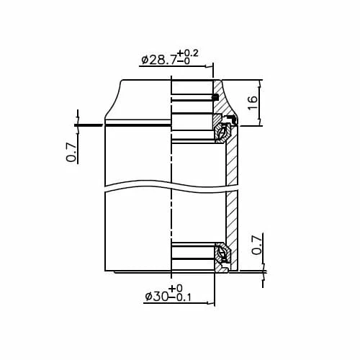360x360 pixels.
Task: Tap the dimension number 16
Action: (x=251, y=102)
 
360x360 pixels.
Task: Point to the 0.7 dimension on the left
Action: (x=71, y=151)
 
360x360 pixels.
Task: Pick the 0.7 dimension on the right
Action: (x=256, y=246)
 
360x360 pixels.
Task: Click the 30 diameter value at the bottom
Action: (x=159, y=297)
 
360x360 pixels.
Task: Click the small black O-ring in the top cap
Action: (x=215, y=96)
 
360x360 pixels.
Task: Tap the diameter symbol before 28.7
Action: (x=145, y=60)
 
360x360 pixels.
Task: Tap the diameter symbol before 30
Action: (x=148, y=297)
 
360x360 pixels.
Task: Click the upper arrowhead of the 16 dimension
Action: (x=260, y=82)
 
